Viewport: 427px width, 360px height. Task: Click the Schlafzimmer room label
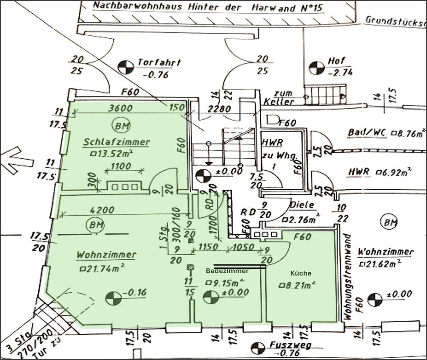pos(117,142)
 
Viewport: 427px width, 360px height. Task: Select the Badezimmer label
pos(227,271)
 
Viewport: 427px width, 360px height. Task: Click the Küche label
pos(301,273)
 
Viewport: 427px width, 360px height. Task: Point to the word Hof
pos(337,60)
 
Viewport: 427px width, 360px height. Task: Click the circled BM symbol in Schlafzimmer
pos(121,125)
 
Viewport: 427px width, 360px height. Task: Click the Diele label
pos(302,205)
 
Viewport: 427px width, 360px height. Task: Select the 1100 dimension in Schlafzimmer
pos(121,167)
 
